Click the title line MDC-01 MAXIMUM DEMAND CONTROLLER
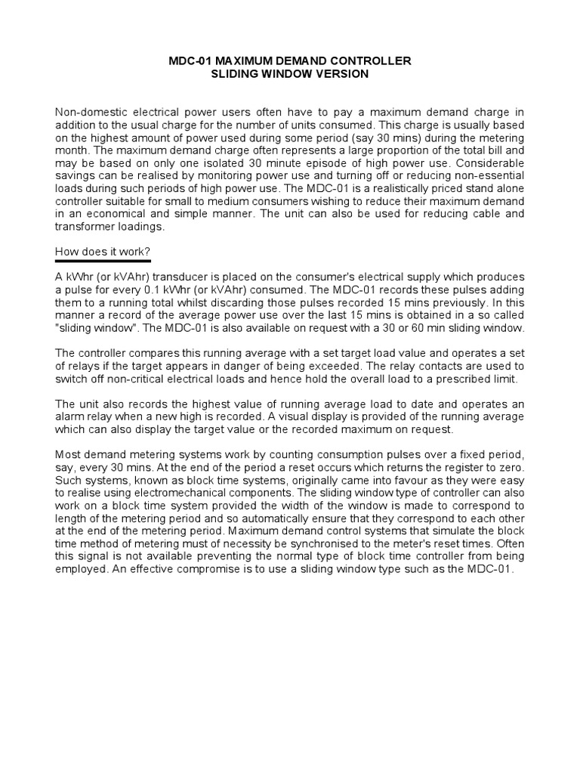click(x=290, y=60)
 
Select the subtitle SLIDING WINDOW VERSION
click(x=290, y=73)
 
